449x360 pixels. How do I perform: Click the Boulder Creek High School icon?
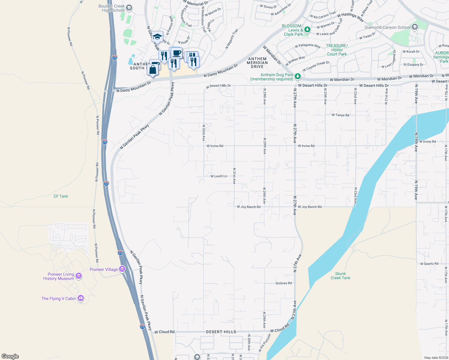click(129, 8)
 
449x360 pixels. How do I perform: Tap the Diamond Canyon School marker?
click(415, 27)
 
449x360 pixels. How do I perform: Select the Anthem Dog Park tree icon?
click(297, 76)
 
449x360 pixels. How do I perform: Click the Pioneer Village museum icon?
click(122, 269)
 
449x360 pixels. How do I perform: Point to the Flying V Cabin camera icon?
click(80, 298)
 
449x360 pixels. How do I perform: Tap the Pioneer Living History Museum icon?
click(79, 276)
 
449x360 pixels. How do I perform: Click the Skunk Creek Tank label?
click(340, 276)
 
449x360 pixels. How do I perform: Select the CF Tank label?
click(61, 196)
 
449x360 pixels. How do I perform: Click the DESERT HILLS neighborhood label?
click(221, 332)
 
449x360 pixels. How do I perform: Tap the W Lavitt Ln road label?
click(218, 176)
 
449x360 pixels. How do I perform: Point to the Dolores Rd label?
click(284, 283)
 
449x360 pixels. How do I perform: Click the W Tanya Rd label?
click(340, 115)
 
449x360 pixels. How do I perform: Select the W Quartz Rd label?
click(429, 264)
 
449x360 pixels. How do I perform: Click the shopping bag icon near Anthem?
click(153, 70)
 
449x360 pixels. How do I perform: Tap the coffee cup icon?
click(177, 53)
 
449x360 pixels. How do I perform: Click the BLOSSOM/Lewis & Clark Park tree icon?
click(307, 29)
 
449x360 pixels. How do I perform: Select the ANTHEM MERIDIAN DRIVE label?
click(257, 63)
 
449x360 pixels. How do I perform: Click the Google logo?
click(10, 356)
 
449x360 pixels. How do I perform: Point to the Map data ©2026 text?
click(435, 358)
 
